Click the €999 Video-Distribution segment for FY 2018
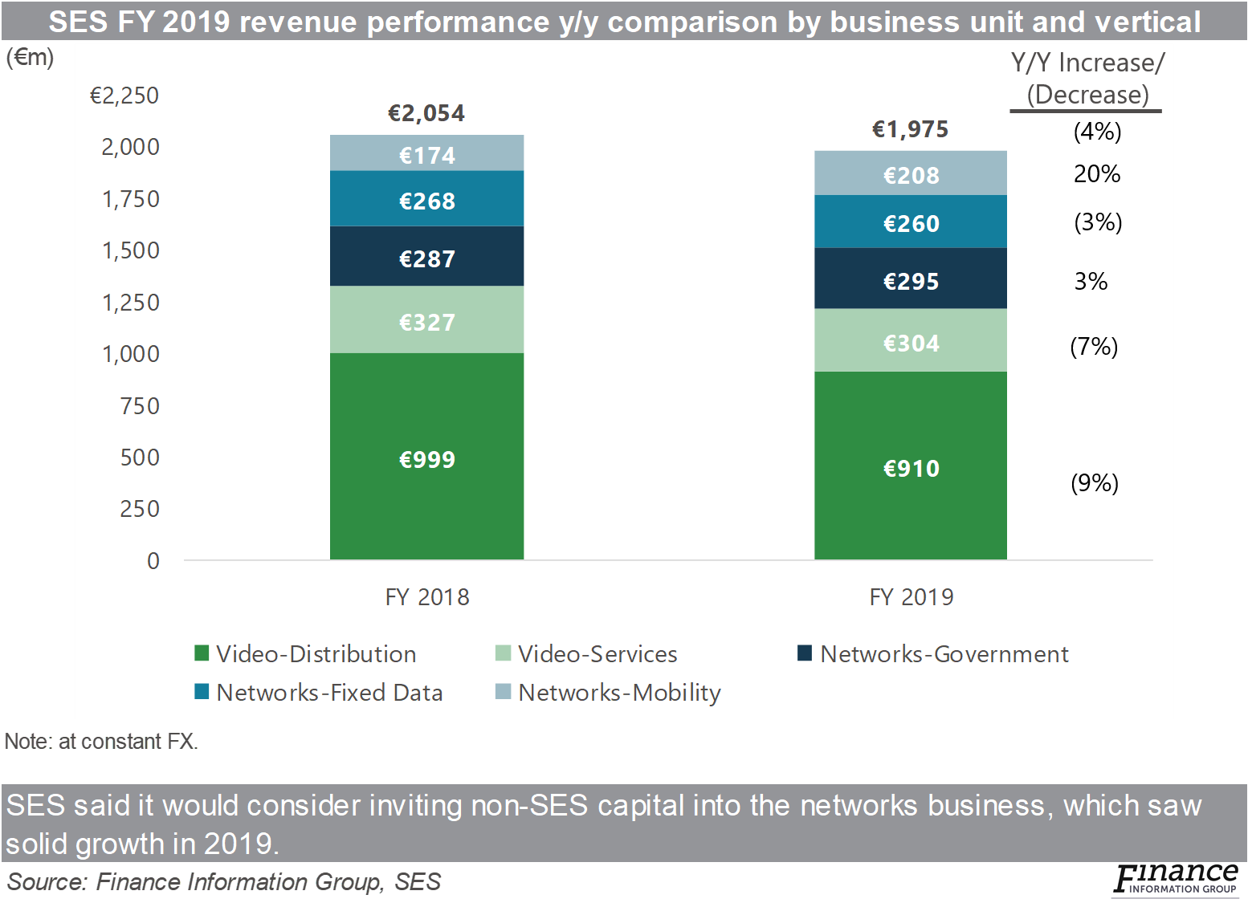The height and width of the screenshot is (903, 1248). [426, 459]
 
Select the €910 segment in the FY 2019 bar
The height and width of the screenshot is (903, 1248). [911, 468]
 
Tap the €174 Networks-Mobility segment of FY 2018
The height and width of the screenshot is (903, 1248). [426, 154]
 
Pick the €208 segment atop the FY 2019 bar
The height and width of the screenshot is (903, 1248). [911, 174]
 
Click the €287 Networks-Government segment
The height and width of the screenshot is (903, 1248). [426, 258]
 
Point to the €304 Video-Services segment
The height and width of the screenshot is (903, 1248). [911, 343]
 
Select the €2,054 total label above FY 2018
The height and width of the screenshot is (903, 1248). [426, 113]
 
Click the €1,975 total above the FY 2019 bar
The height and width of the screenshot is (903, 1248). [910, 129]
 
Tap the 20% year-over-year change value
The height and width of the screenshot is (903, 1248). [1096, 174]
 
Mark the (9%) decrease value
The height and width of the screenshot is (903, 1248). [1094, 482]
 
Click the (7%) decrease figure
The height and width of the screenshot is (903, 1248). [1093, 347]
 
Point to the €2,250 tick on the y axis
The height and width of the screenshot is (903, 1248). [124, 96]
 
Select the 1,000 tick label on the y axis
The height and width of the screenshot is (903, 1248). [131, 354]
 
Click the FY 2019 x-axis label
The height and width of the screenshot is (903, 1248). [911, 597]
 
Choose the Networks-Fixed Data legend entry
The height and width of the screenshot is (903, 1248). [319, 692]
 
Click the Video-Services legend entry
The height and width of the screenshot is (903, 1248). [587, 654]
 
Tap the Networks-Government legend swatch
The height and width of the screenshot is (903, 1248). [805, 653]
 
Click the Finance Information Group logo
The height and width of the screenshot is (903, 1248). [1175, 881]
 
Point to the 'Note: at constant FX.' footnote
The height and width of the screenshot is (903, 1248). [101, 741]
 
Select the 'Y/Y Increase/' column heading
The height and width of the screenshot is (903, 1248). [1087, 63]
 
